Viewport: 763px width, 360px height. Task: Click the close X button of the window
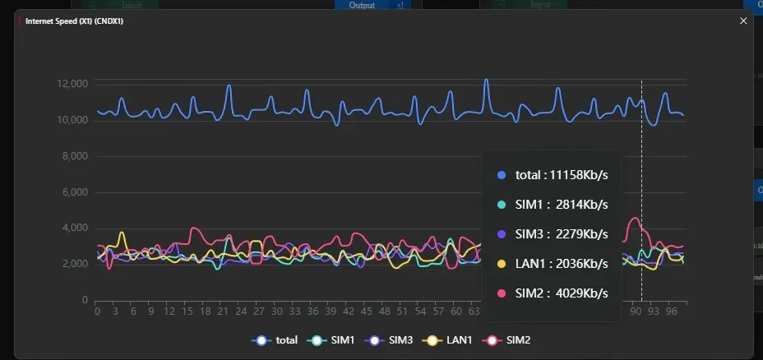point(743,21)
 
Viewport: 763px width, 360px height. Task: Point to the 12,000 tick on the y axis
point(72,84)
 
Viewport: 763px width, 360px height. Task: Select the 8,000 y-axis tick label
point(75,156)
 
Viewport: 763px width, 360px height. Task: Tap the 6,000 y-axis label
point(75,192)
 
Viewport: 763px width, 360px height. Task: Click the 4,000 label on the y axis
point(75,228)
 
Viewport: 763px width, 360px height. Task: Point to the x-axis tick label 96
point(671,312)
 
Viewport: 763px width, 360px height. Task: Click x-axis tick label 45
point(366,312)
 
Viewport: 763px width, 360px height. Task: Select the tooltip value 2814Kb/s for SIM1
point(578,205)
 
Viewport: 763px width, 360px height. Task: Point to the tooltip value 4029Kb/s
point(578,293)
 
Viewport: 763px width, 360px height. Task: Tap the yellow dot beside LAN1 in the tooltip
point(502,263)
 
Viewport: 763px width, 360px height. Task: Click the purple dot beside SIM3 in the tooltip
point(502,234)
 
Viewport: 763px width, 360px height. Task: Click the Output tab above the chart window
point(362,5)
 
